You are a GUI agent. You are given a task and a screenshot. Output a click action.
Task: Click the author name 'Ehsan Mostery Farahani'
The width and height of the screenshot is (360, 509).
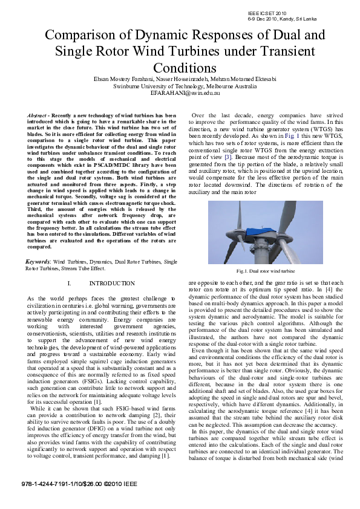click(x=126, y=79)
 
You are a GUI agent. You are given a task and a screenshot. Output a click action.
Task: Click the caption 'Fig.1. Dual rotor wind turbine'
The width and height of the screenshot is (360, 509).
click(x=266, y=271)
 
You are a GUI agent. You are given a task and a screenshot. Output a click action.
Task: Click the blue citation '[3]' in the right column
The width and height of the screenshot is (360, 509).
click(x=227, y=157)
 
